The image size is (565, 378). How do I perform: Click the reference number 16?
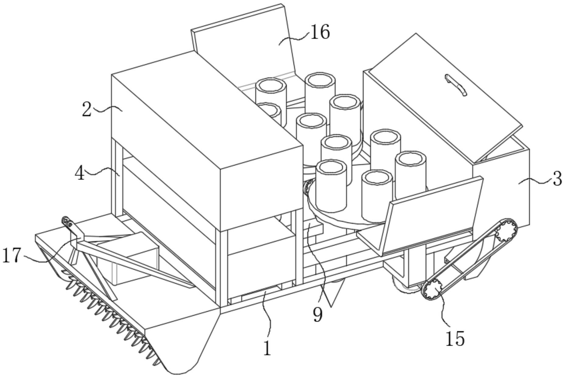[x=320, y=32]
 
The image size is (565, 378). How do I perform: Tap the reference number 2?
[x=87, y=110]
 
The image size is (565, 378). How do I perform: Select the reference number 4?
[x=80, y=174]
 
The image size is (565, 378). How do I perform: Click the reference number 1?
[x=267, y=348]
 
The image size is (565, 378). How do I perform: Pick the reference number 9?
[x=317, y=315]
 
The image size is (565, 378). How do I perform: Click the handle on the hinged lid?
[x=456, y=85]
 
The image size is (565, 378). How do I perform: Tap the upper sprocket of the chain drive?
[x=506, y=231]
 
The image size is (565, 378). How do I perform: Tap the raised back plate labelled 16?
[x=244, y=46]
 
